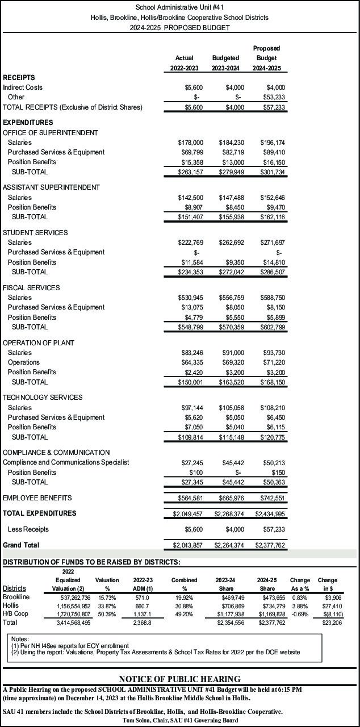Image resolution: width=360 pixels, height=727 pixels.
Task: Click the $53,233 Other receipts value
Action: click(275, 97)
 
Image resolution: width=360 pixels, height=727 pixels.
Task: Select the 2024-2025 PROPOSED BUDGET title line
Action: click(179, 27)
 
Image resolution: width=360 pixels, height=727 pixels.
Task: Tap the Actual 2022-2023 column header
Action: click(184, 63)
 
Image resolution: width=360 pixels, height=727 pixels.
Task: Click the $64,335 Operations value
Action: click(190, 362)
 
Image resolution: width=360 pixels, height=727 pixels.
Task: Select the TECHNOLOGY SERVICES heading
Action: click(43, 398)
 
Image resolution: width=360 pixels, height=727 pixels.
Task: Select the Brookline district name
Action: click(16, 597)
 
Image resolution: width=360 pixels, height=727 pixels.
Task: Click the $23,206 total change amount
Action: click(332, 622)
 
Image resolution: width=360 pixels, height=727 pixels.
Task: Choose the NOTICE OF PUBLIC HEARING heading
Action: click(179, 679)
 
